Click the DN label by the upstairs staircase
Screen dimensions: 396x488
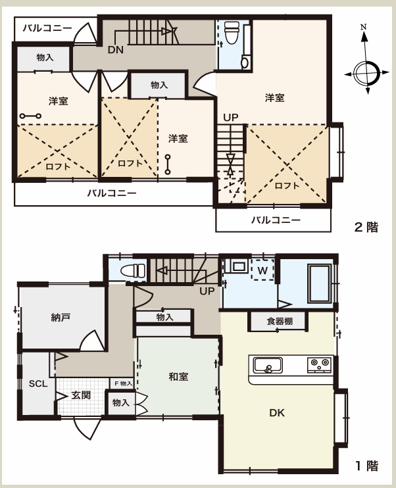tap(116, 49)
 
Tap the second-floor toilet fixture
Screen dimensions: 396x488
tap(232, 32)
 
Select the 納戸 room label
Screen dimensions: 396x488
tap(61, 318)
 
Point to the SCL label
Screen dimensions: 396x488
tap(38, 383)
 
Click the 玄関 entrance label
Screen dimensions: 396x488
tap(81, 395)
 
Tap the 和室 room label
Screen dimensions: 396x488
tap(178, 377)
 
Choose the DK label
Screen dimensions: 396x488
tap(277, 413)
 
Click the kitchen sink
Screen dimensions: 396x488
tap(268, 366)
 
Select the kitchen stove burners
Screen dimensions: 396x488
tap(319, 364)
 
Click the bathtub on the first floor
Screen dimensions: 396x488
tap(320, 283)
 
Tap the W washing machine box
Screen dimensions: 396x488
tap(262, 270)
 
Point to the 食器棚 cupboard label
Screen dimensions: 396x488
tap(280, 321)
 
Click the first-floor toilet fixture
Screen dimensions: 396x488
tap(133, 270)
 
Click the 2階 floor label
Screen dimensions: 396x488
tap(366, 227)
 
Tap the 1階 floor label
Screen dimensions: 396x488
tap(366, 466)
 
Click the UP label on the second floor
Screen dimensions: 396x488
tap(231, 117)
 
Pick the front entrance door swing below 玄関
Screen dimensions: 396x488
tap(87, 429)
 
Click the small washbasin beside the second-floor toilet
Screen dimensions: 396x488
tap(245, 62)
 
